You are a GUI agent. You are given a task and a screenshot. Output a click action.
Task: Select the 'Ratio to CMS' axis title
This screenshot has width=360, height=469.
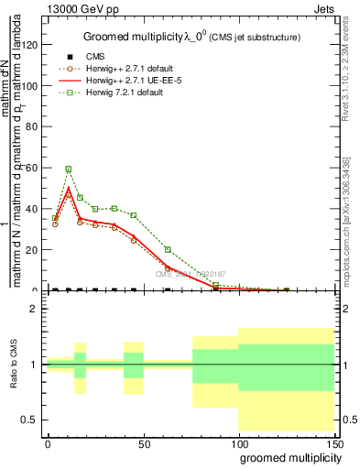13,365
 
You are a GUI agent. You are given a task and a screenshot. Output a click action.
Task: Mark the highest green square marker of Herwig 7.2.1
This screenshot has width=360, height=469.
68,169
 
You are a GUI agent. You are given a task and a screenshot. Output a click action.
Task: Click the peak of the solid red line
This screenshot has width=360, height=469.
68,189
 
